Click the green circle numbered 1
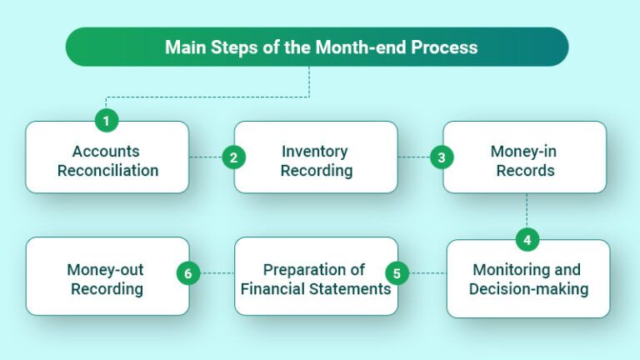point(106,121)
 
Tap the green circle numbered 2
point(234,157)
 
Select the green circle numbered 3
point(442,157)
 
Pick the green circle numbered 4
point(527,240)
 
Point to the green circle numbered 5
point(397,272)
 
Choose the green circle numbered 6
point(189,272)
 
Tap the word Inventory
point(316,152)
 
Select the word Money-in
point(524,152)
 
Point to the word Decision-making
point(528,289)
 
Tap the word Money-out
point(105,270)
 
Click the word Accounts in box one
point(105,152)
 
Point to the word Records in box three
point(524,171)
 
